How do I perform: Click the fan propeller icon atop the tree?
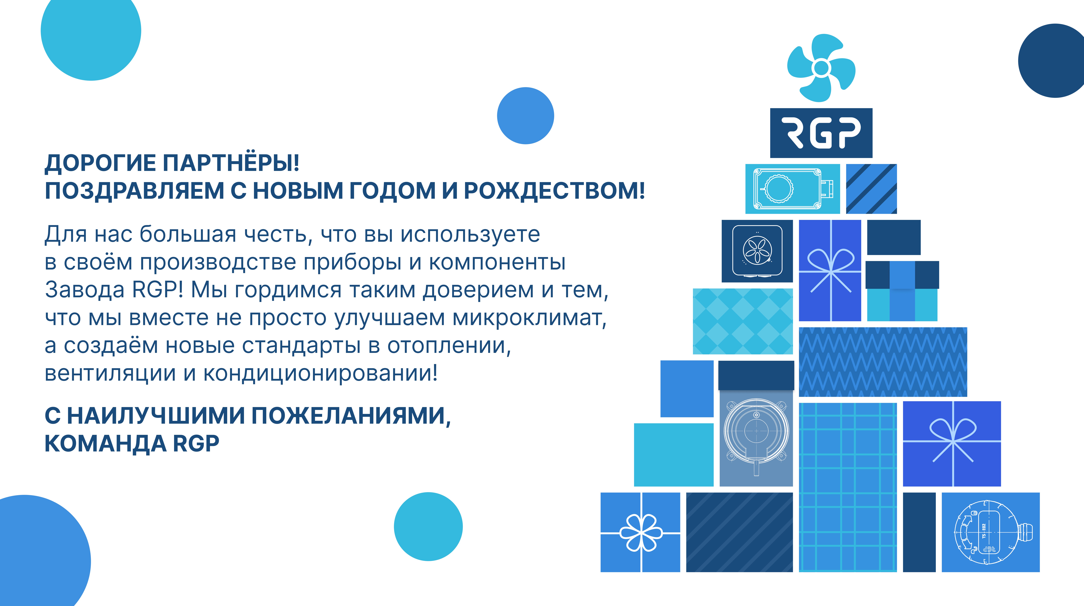tap(821, 68)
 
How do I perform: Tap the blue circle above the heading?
tap(526, 116)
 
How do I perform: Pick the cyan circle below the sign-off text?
tap(428, 526)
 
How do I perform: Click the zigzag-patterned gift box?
tap(883, 362)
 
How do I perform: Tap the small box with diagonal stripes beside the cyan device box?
tap(871, 189)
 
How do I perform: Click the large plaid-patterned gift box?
tap(848, 487)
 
